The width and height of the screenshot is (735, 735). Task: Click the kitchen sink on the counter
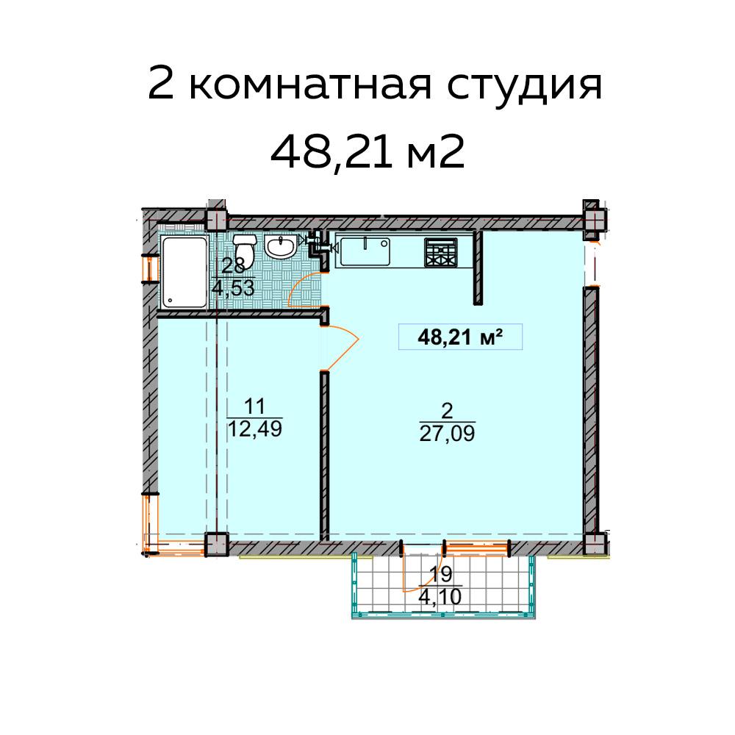pos(364,252)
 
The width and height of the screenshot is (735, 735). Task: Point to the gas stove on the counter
pos(440,252)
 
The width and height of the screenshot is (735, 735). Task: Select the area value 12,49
pos(254,429)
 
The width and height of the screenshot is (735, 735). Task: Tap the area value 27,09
pos(447,433)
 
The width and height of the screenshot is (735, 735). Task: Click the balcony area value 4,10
pos(440,597)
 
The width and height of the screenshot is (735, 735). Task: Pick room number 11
pos(254,405)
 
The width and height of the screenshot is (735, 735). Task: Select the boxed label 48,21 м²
pos(459,337)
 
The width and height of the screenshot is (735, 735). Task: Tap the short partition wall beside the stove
pos(477,267)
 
